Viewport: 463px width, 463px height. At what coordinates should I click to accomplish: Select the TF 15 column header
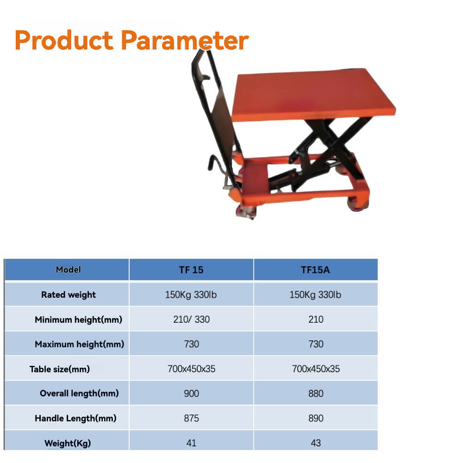191,270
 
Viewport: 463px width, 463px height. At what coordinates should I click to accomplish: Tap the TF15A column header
315,270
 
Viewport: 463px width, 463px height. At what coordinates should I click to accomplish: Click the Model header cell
68,270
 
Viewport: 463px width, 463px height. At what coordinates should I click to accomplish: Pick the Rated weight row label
68,295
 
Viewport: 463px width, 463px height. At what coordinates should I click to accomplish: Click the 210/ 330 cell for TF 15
191,319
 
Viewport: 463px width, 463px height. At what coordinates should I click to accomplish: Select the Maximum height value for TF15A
315,344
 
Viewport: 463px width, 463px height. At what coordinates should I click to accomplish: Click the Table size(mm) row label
60,369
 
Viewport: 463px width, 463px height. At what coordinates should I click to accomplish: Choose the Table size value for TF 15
191,369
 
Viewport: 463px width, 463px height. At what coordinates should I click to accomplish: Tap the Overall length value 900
191,394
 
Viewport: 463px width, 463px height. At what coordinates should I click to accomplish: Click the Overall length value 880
315,394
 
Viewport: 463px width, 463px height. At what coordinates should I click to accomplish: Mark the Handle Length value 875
191,419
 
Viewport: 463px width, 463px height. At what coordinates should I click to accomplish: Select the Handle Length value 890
315,419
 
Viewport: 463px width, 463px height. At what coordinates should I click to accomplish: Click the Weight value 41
191,443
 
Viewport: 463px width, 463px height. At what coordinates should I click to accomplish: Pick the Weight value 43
315,443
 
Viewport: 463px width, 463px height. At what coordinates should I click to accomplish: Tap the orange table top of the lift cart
315,95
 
